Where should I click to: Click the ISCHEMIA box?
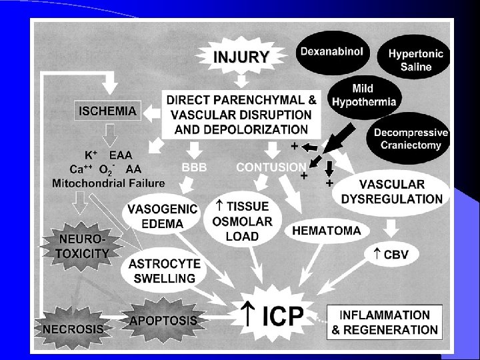point(110,111)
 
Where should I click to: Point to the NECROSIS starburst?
point(73,327)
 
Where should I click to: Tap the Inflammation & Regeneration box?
point(385,322)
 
